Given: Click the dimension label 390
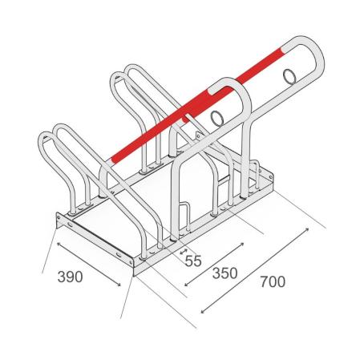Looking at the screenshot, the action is [x=70, y=277].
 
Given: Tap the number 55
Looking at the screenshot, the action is [x=193, y=261].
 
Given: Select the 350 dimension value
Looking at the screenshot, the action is [x=224, y=273].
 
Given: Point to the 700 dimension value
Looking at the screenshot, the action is [x=273, y=281].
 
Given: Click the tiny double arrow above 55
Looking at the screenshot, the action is [x=183, y=251].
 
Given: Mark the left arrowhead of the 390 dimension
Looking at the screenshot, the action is [x=59, y=245].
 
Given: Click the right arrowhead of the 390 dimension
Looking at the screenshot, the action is [x=119, y=285].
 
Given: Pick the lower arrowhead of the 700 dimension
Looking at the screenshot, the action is [x=204, y=311].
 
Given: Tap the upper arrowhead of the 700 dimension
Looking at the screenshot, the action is [x=306, y=230].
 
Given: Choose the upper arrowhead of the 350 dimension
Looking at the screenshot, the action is [x=241, y=245].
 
